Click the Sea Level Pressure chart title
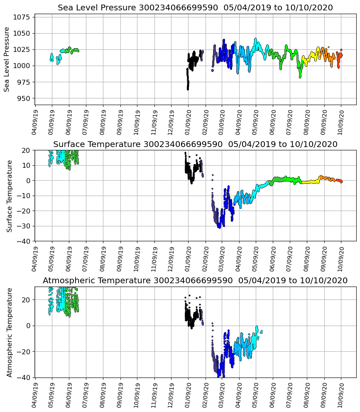195,7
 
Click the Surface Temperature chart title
195,144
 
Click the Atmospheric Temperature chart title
195,281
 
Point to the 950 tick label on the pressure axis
23,98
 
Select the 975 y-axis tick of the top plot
23,82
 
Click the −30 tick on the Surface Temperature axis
23,226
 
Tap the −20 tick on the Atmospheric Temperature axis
23,352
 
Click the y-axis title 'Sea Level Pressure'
7,59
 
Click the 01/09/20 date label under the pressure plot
188,121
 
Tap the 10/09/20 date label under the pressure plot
341,121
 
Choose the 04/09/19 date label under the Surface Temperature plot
35,257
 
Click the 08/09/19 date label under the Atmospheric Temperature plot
103,394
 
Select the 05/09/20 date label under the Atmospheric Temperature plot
256,394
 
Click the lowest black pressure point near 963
188,89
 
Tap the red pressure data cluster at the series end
340,55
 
